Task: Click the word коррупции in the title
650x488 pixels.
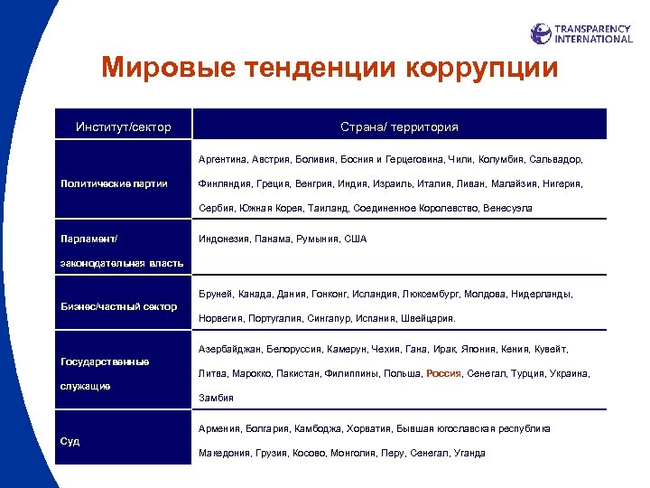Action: click(482, 68)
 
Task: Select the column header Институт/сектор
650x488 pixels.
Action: click(124, 127)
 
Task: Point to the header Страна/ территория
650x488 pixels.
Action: click(399, 127)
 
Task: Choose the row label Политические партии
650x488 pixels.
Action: click(114, 183)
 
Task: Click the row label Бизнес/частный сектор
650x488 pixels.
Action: click(118, 306)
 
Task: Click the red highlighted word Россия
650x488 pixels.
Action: click(443, 373)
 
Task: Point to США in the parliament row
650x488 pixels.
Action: click(356, 239)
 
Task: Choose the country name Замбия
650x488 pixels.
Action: click(215, 398)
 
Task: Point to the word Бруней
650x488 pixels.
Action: click(215, 294)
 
